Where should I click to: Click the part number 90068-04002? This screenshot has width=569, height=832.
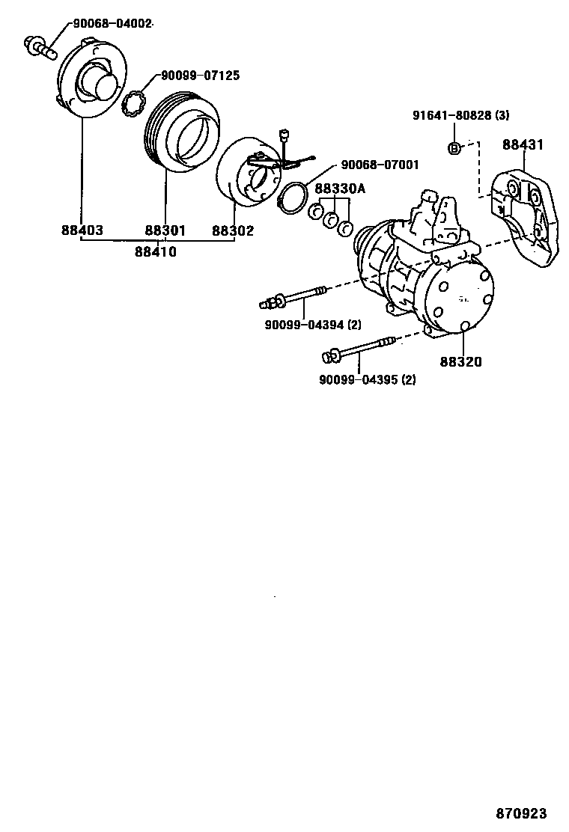[112, 23]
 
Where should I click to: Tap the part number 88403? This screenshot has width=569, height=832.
[82, 230]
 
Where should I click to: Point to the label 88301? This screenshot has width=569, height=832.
[165, 230]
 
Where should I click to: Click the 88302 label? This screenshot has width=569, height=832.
[232, 230]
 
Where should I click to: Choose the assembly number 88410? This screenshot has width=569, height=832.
[156, 252]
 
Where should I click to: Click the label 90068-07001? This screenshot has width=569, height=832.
[380, 165]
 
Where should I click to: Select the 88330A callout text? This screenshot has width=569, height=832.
[339, 189]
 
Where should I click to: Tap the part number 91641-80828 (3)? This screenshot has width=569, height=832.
[460, 115]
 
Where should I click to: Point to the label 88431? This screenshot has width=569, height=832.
[523, 144]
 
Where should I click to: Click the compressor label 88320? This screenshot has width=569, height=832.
[460, 362]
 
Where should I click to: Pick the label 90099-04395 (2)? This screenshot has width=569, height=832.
[367, 379]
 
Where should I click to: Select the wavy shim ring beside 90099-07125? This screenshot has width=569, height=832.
[132, 101]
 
